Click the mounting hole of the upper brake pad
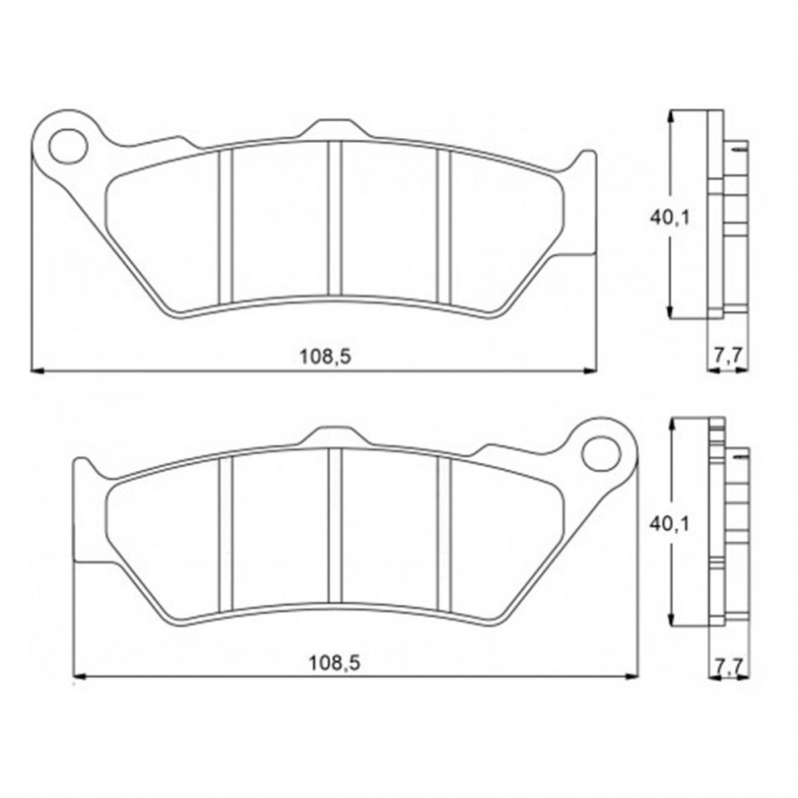pos(68,146)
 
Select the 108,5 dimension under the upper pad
pos(325,357)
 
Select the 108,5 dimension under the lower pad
pos(334,663)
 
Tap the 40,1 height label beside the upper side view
pos(669,218)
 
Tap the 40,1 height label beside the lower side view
pos(669,524)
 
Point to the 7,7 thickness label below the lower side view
pos(729,664)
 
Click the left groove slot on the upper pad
pos(225,226)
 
